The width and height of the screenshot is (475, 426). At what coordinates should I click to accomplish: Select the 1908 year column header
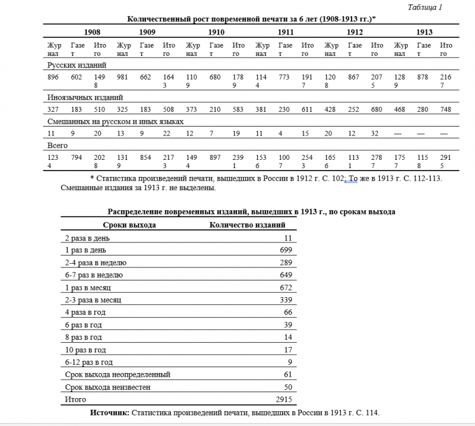(92, 32)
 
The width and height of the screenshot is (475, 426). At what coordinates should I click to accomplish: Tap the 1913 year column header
(424, 32)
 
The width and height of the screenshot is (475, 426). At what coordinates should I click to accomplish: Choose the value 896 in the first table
(53, 77)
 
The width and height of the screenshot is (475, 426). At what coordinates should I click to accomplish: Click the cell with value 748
(446, 109)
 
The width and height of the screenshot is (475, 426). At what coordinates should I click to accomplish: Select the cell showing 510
(100, 109)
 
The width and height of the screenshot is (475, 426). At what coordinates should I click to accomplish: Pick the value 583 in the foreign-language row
(239, 109)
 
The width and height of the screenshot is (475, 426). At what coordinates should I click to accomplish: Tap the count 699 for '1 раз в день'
(286, 250)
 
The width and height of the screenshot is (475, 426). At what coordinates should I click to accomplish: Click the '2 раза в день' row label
(87, 238)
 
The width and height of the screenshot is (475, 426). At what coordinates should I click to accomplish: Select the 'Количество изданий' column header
(248, 225)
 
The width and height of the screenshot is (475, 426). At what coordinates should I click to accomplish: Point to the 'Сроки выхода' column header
(129, 225)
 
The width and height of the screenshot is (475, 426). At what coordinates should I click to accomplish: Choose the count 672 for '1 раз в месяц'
(286, 288)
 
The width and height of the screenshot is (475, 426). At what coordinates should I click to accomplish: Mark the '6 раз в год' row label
(83, 325)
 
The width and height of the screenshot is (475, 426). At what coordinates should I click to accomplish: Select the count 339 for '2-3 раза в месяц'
(286, 300)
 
